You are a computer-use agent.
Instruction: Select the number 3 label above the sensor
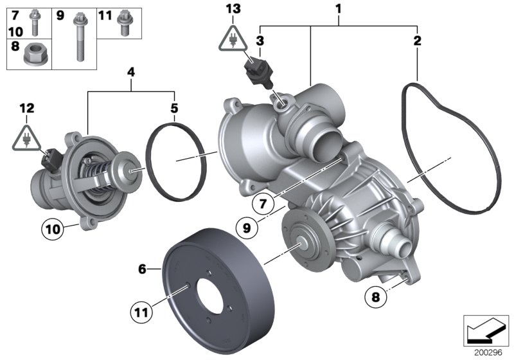click(x=260, y=41)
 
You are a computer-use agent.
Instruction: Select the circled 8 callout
click(x=375, y=297)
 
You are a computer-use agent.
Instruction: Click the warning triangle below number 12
click(x=26, y=138)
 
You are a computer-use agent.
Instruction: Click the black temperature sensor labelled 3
click(x=257, y=72)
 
